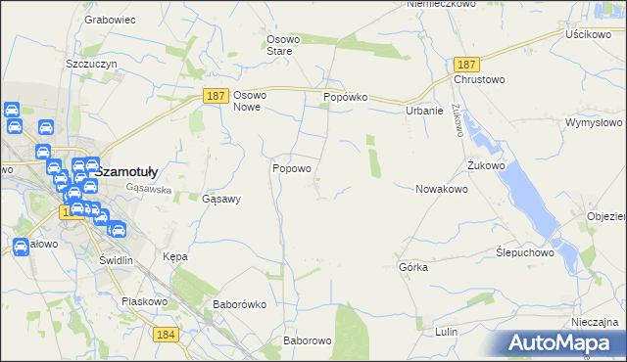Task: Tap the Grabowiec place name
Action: click(110, 19)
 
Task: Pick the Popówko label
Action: click(345, 99)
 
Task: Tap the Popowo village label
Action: click(292, 168)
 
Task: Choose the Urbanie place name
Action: click(425, 111)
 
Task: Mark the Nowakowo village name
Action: click(441, 189)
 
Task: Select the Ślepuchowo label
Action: click(525, 251)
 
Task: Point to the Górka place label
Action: click(413, 267)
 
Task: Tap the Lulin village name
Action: click(446, 333)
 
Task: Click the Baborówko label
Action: click(240, 304)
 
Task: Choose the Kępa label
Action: click(174, 256)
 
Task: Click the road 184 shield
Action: click(166, 335)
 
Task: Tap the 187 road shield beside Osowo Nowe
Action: click(217, 96)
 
